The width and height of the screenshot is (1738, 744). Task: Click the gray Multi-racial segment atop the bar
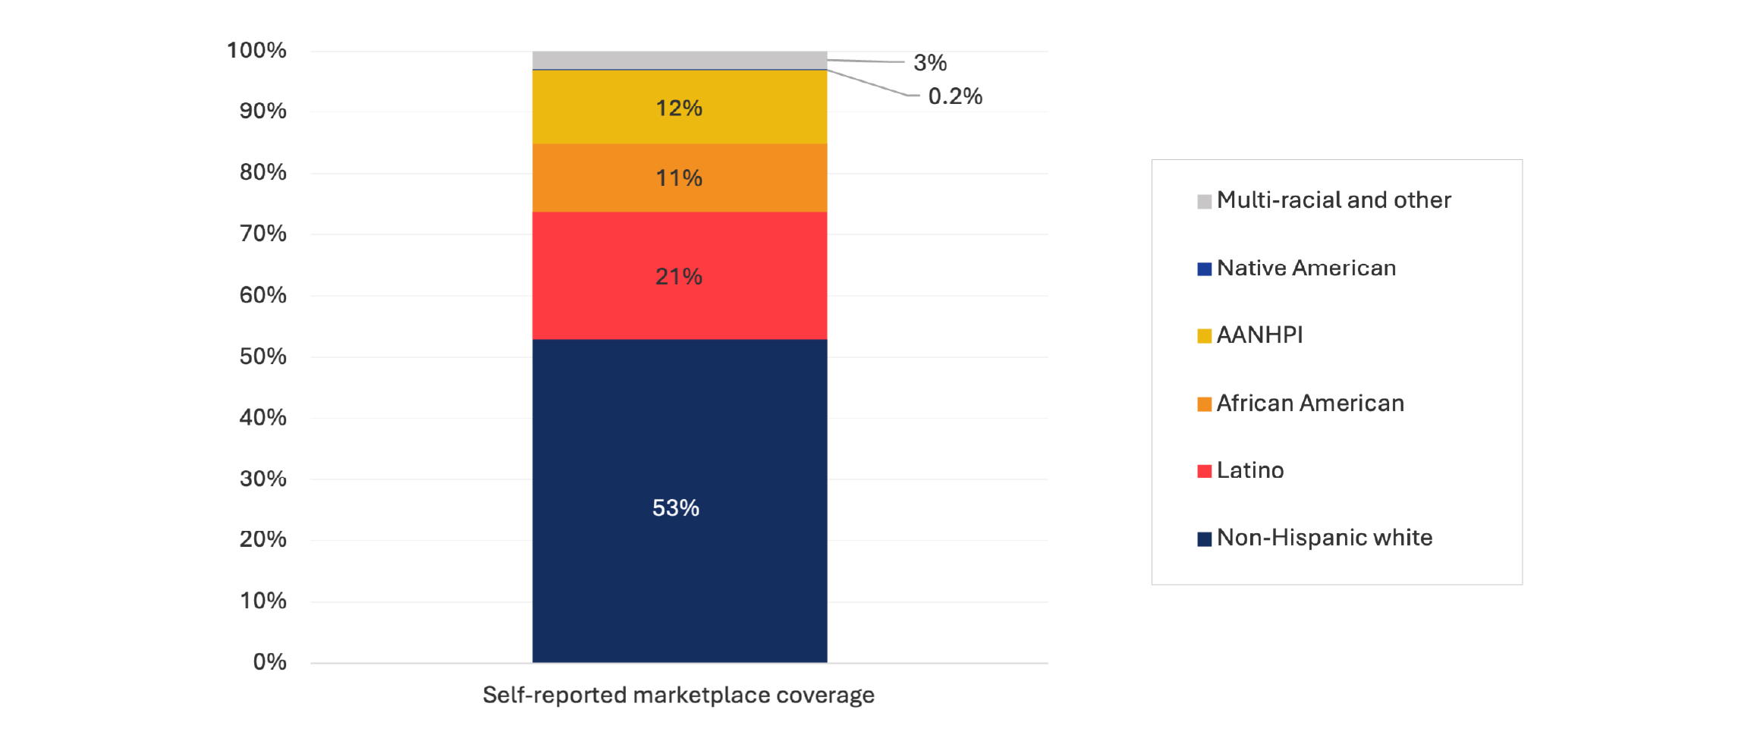679,60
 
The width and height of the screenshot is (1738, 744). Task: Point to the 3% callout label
929,63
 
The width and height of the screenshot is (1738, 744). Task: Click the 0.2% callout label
954,96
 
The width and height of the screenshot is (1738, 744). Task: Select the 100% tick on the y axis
256,51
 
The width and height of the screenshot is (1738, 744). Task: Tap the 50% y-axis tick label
262,356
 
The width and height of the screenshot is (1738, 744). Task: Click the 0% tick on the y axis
269,662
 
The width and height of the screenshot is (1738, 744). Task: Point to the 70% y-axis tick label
262,234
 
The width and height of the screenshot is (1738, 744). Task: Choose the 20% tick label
262,539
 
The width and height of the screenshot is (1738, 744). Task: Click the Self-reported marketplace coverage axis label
678,695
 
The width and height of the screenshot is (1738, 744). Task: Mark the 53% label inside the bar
675,507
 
